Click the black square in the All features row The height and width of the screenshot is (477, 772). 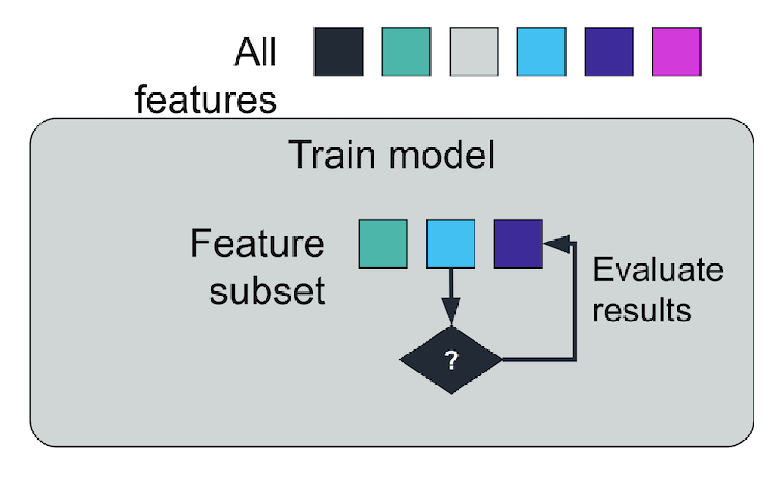click(x=338, y=52)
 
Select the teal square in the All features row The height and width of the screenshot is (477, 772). click(x=406, y=52)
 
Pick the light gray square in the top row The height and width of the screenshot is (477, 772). click(x=474, y=52)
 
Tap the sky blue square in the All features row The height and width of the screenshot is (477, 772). click(x=542, y=52)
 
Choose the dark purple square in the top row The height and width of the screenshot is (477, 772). click(x=609, y=52)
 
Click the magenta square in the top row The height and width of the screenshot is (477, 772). click(x=677, y=52)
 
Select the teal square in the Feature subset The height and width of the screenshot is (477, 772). click(x=383, y=244)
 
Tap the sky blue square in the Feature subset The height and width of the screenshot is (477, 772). click(x=450, y=244)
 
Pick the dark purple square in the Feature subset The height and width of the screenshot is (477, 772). click(x=518, y=244)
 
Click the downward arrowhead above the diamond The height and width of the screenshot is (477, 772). click(x=451, y=310)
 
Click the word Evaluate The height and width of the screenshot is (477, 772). click(x=658, y=270)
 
